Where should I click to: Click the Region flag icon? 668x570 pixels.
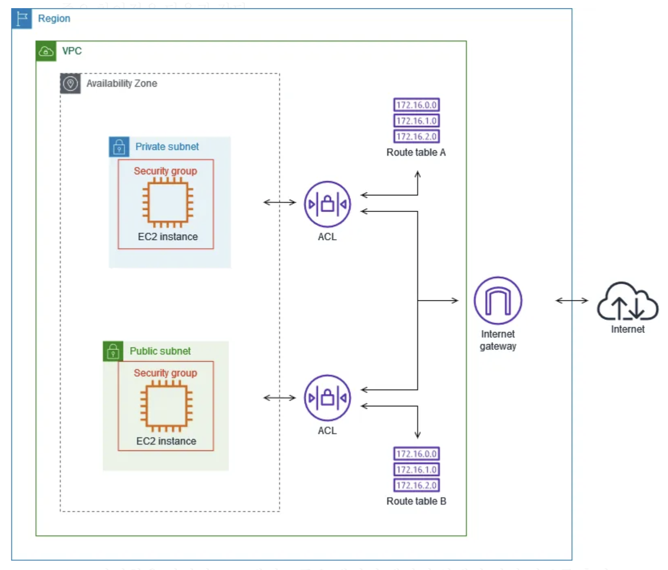(x=22, y=19)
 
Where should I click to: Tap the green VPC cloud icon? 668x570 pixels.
(x=46, y=51)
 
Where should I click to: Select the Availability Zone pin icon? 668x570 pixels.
(x=70, y=84)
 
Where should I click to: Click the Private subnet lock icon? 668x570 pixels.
(x=119, y=147)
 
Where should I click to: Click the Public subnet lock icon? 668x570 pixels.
(x=113, y=351)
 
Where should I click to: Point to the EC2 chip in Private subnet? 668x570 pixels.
(x=167, y=202)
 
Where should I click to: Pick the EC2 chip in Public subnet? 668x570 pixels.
(x=166, y=406)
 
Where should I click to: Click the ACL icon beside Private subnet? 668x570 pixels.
(x=327, y=204)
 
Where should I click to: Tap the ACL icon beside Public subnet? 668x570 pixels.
(x=327, y=398)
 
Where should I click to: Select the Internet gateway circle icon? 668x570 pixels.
(x=498, y=300)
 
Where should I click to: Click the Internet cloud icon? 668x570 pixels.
(x=628, y=301)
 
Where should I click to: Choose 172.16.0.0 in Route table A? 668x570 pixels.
(x=416, y=105)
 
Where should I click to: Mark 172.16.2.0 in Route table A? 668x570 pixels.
(x=416, y=136)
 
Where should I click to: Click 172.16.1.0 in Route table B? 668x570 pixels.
(x=416, y=469)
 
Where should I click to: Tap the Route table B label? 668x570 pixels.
(x=416, y=501)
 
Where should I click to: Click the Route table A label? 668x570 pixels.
(x=416, y=152)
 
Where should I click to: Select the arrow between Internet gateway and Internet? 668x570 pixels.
(x=572, y=300)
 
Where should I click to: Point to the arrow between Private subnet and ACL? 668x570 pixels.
(x=280, y=202)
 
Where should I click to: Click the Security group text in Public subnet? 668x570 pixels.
(x=165, y=373)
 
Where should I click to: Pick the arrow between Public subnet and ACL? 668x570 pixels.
(x=280, y=398)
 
